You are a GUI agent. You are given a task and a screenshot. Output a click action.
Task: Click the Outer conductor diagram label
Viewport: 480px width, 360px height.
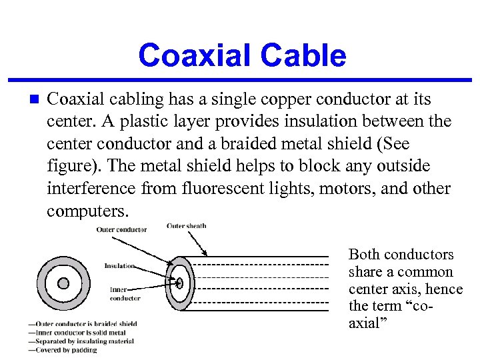click(x=121, y=230)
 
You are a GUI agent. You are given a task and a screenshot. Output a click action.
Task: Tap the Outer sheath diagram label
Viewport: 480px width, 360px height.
click(x=187, y=226)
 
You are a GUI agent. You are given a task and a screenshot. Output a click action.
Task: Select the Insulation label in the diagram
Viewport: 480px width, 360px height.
click(x=120, y=266)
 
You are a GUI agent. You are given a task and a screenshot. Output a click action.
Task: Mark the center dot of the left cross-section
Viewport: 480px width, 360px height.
click(x=63, y=283)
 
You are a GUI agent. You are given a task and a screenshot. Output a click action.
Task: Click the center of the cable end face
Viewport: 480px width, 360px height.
click(x=179, y=283)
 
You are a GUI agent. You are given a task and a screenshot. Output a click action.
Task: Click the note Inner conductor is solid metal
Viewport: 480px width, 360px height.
click(x=77, y=332)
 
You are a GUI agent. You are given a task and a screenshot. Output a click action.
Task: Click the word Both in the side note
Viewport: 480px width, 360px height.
click(x=363, y=255)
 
